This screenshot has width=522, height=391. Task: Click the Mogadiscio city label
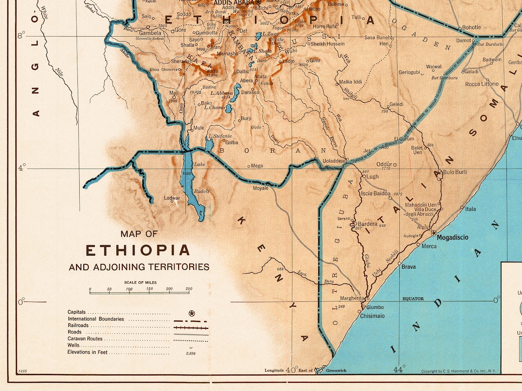point(453,238)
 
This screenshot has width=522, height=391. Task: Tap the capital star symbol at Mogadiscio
point(434,233)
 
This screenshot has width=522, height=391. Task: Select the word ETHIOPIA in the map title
point(138,250)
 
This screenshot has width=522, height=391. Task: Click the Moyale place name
point(261,188)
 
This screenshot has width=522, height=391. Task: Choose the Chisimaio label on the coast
point(372,316)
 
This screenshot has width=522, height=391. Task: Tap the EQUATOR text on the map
point(413,299)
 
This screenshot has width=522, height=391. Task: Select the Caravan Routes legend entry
point(85,339)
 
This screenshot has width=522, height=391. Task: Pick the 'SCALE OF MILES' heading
point(140,283)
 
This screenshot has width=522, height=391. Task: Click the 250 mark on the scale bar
point(188,289)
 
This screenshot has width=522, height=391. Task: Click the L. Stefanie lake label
point(220,136)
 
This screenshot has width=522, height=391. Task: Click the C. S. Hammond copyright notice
point(459,371)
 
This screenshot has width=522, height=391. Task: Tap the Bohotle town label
point(472,27)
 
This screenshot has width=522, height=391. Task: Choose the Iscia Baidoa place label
point(375,193)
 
